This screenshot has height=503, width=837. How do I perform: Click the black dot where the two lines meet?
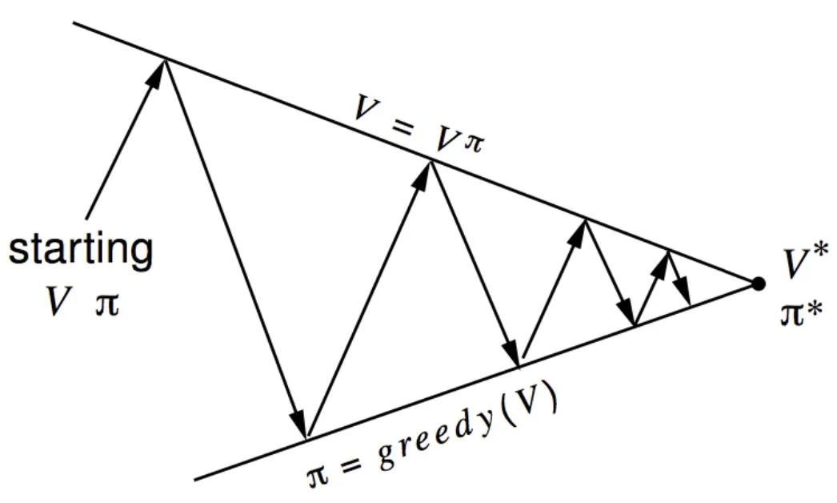[x=757, y=282]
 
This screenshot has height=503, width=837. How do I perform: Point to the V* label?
[x=800, y=265]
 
